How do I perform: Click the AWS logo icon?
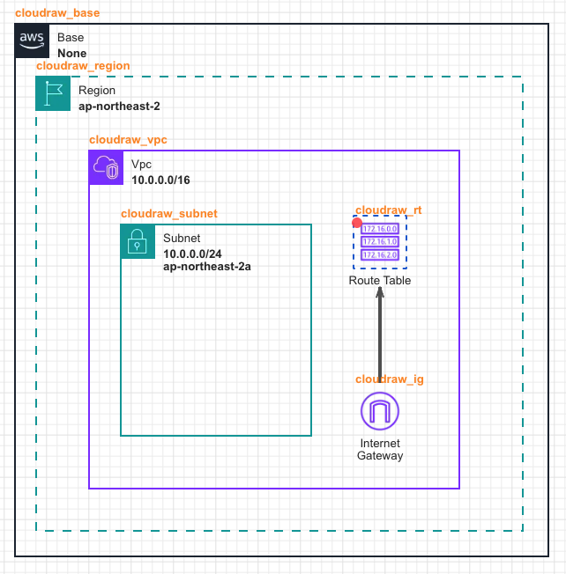(32, 40)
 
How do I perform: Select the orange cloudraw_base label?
(57, 14)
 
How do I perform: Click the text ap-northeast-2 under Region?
(119, 107)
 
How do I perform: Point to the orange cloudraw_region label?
(83, 66)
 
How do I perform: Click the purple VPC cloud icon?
(106, 167)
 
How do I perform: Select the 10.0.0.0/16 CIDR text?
(160, 180)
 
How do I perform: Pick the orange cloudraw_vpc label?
(128, 140)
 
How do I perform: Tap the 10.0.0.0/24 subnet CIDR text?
(192, 254)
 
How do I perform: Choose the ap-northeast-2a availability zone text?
(207, 267)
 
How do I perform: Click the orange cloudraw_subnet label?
(168, 214)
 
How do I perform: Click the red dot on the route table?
(356, 223)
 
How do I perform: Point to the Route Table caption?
(380, 281)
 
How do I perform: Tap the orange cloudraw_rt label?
(388, 210)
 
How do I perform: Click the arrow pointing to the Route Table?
(380, 335)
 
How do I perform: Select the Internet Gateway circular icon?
(380, 411)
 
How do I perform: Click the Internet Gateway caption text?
(380, 449)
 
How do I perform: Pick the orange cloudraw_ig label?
(390, 379)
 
